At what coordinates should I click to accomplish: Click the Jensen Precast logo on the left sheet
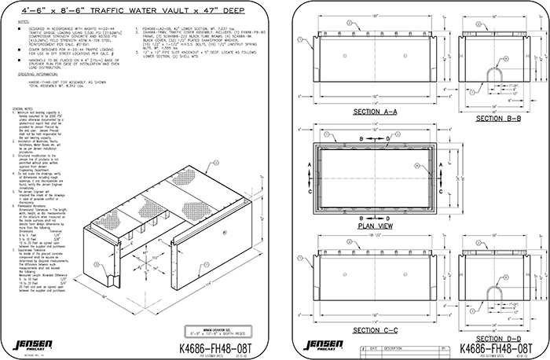tap(27, 345)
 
